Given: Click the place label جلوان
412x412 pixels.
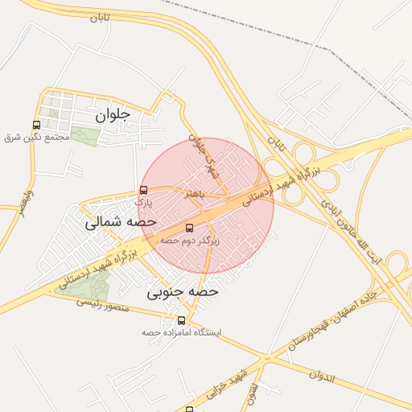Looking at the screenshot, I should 112,115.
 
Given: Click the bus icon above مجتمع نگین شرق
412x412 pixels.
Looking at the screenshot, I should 36,125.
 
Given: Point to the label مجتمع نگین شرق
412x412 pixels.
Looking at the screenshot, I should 37,138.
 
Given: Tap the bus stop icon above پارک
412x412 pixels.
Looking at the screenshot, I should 143,191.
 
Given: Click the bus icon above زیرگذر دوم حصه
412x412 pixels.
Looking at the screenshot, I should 189,228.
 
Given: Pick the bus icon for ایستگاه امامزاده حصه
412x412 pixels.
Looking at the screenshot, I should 181,320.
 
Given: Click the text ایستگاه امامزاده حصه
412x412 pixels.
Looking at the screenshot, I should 181,332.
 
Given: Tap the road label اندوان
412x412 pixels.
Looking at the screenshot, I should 320,374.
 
